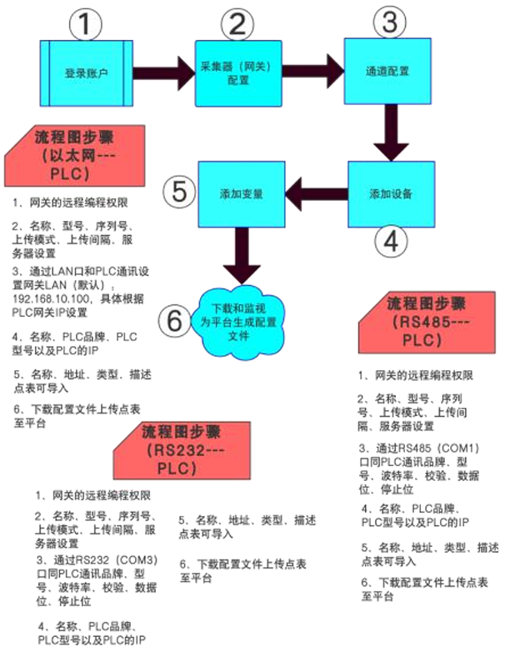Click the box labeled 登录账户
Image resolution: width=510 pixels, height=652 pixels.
pos(87,72)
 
